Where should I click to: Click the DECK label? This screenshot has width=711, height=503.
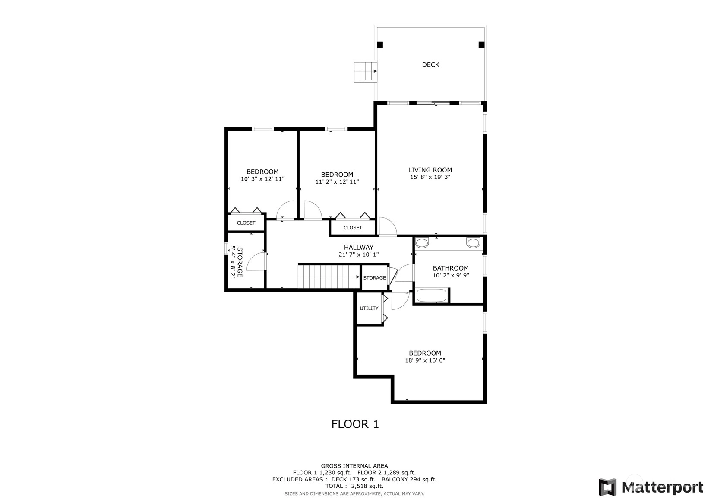[430, 64]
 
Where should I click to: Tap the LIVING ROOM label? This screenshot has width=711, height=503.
[430, 170]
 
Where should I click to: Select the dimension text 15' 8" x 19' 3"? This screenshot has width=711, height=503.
[430, 177]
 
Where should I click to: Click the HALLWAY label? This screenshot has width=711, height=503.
[359, 247]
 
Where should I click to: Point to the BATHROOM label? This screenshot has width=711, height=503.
[451, 268]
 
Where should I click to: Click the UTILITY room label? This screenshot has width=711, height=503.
[369, 308]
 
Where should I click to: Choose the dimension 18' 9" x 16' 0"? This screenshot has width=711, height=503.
[425, 360]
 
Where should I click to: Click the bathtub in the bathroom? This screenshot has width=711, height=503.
[431, 295]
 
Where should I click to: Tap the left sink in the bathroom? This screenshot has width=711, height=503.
[422, 243]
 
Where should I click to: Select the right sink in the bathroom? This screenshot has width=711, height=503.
[473, 243]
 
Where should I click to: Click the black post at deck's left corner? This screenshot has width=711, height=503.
[380, 45]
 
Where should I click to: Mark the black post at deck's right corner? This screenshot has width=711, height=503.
[481, 45]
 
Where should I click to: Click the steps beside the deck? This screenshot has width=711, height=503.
[365, 71]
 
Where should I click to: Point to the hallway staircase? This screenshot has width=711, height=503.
[329, 277]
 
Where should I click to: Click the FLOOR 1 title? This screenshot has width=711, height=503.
[355, 424]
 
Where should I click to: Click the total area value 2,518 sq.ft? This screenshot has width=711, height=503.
[367, 486]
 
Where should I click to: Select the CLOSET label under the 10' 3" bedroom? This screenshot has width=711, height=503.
[246, 223]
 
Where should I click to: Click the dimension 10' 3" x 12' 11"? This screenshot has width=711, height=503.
[262, 179]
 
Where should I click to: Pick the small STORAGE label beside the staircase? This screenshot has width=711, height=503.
[375, 278]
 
